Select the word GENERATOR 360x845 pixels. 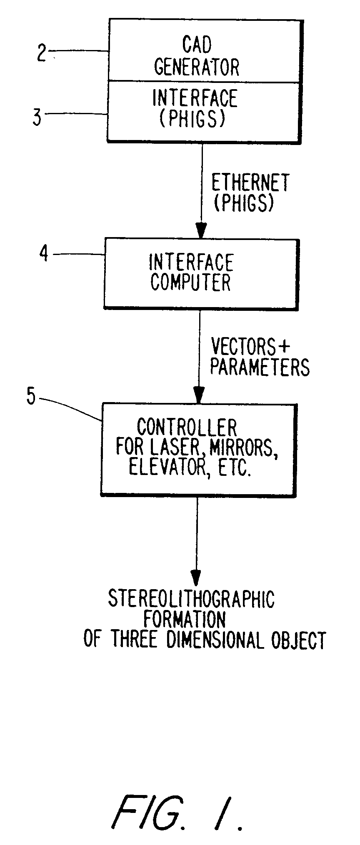pyautogui.click(x=197, y=67)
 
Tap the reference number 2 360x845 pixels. pyautogui.click(x=41, y=53)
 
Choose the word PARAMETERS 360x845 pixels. pyautogui.click(x=260, y=367)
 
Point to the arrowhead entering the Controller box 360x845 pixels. pyautogui.click(x=199, y=394)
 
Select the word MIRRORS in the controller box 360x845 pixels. pyautogui.click(x=243, y=447)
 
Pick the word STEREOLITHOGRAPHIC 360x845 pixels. pyautogui.click(x=191, y=599)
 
